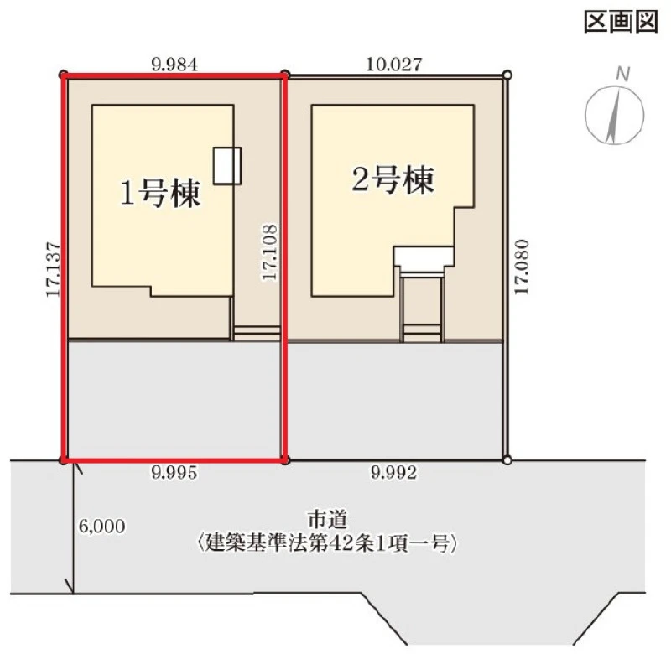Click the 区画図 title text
click(x=621, y=22)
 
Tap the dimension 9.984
click(x=174, y=65)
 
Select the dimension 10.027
click(x=394, y=65)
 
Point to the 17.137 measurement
click(x=54, y=269)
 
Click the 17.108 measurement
click(x=269, y=252)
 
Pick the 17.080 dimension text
click(x=521, y=267)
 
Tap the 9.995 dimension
click(x=174, y=473)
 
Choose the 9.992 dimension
click(x=393, y=473)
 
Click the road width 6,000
click(x=101, y=527)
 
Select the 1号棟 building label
click(x=160, y=194)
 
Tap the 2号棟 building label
click(x=393, y=179)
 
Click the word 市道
click(x=327, y=520)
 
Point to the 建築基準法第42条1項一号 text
click(x=327, y=544)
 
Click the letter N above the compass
click(x=622, y=75)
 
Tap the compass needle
click(x=614, y=115)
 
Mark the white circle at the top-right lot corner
click(x=507, y=75)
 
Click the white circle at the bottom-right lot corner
click(x=507, y=460)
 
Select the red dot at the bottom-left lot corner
click(x=64, y=460)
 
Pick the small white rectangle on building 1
click(x=227, y=165)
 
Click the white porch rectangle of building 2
click(x=424, y=257)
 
